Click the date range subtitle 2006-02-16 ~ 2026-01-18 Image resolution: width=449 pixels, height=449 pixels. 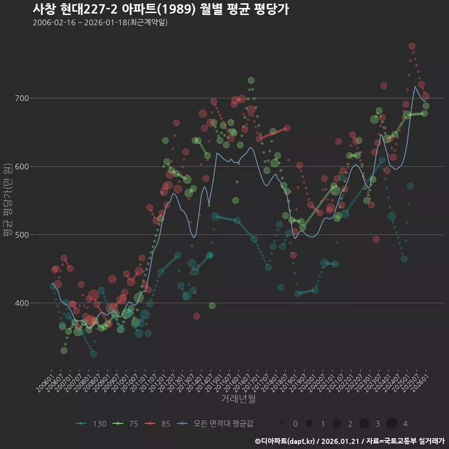tap(100, 22)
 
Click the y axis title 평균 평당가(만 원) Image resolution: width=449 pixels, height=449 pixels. tap(7, 201)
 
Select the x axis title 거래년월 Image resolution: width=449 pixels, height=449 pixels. tap(238, 399)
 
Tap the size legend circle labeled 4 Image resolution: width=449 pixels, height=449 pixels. tap(392, 424)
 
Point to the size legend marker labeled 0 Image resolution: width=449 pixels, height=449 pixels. tap(282, 424)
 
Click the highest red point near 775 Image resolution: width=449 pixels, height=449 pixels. tap(412, 46)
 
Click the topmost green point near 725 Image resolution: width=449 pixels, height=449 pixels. tap(251, 80)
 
